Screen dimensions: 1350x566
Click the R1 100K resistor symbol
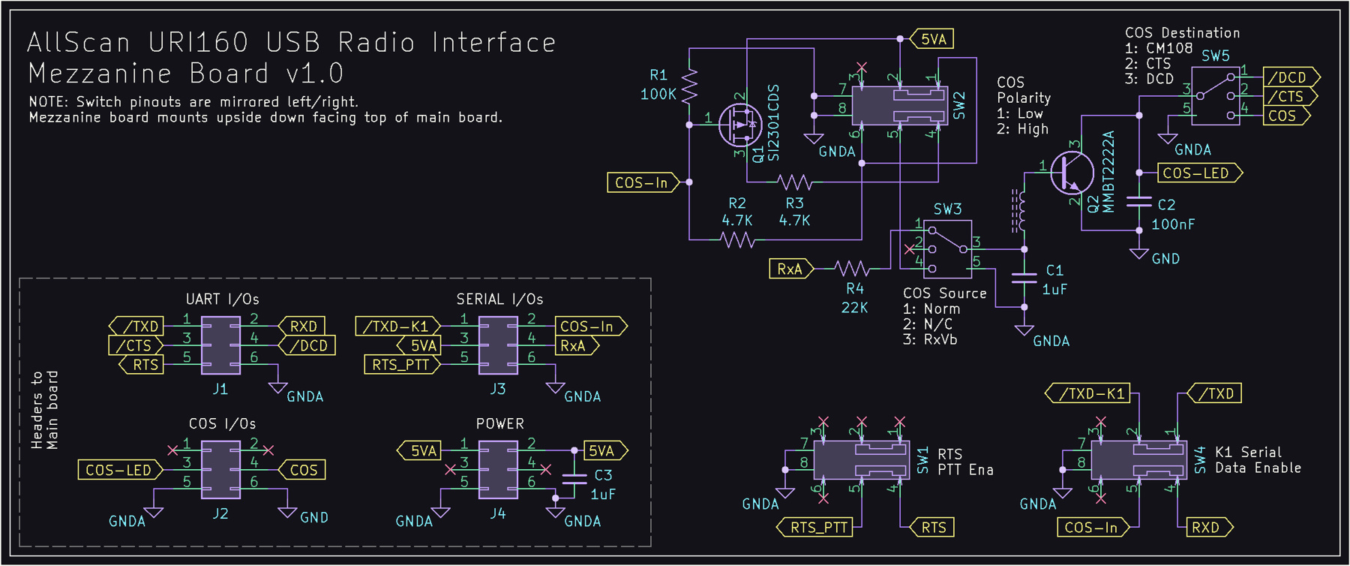click(690, 85)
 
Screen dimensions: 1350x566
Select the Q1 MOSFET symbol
click(740, 125)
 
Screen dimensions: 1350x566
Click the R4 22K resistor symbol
click(852, 268)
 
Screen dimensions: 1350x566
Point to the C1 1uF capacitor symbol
click(1024, 278)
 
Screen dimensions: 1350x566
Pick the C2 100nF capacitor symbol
click(1139, 201)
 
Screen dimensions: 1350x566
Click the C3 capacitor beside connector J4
click(574, 479)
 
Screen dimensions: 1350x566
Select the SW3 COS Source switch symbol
click(947, 248)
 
